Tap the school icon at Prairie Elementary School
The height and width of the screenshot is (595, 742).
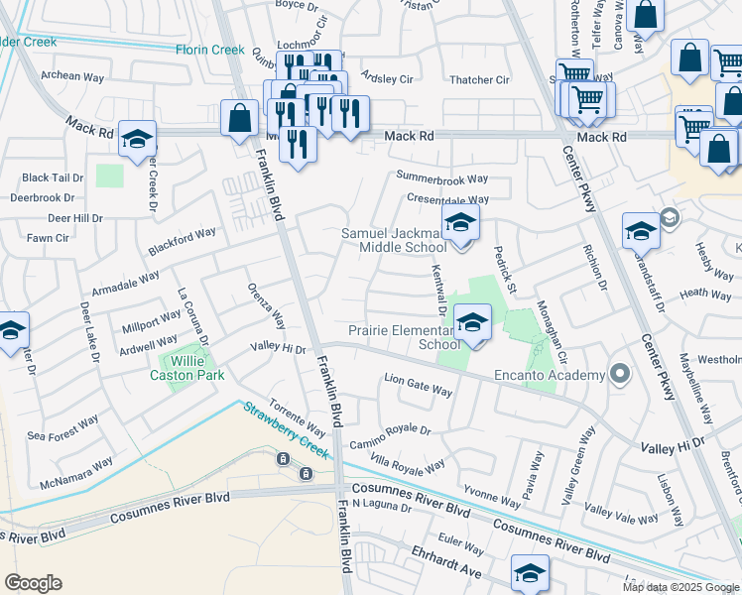[472, 322]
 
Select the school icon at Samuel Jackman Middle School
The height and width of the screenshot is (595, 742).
[460, 222]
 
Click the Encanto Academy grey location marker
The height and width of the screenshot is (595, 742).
[621, 374]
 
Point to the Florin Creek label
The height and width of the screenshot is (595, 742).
[210, 50]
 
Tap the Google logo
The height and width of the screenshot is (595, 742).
[33, 583]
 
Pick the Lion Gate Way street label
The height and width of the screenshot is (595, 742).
[418, 385]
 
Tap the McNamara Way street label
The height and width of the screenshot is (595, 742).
[77, 473]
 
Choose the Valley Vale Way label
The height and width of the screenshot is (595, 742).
[622, 512]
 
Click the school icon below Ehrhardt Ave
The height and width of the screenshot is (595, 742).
[530, 572]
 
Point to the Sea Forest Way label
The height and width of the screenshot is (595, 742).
[63, 427]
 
